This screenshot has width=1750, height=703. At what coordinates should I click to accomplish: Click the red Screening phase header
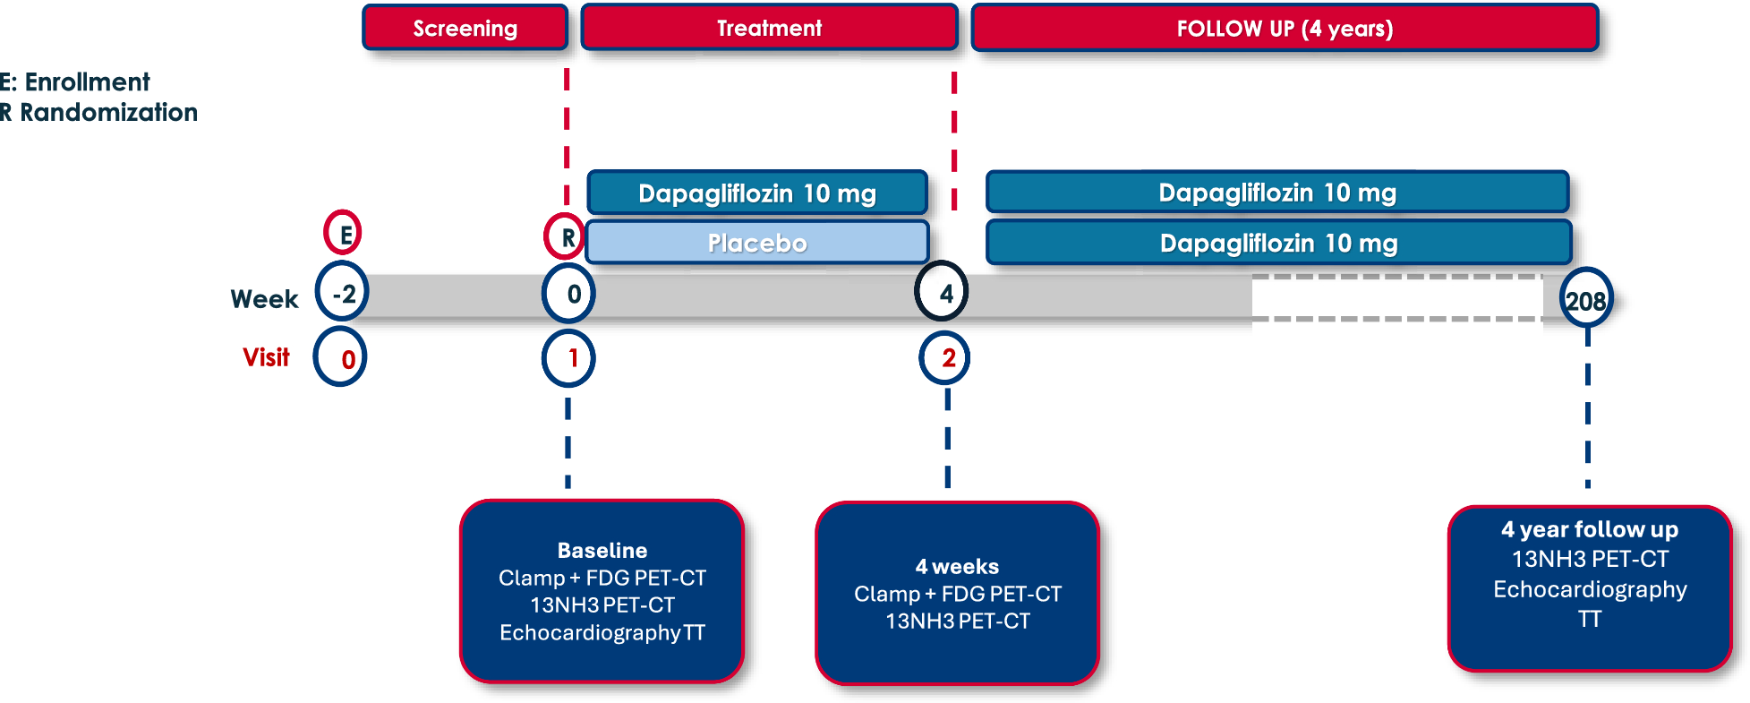(x=465, y=28)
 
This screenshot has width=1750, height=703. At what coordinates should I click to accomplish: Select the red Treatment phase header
(x=770, y=28)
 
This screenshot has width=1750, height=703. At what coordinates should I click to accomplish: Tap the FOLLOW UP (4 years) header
(x=1285, y=28)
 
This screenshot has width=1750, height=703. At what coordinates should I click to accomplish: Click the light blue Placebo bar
(x=757, y=243)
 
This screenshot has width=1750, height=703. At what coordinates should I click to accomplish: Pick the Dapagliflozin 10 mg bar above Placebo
(x=757, y=193)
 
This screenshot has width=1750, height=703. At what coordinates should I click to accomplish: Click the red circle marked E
(x=343, y=234)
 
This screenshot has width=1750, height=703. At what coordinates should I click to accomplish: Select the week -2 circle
(x=343, y=293)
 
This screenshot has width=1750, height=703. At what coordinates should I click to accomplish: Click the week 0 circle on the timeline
(x=569, y=293)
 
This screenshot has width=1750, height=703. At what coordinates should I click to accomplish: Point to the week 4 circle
(x=942, y=291)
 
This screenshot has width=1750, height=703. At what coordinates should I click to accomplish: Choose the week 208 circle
(x=1587, y=300)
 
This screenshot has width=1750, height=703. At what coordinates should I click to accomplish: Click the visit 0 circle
(x=340, y=357)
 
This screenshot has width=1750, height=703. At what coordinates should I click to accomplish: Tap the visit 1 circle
(x=568, y=358)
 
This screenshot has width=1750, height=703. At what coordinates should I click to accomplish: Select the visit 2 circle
(x=944, y=358)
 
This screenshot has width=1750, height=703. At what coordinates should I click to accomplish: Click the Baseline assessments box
(x=602, y=591)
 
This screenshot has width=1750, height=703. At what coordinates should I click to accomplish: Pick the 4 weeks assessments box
(x=958, y=593)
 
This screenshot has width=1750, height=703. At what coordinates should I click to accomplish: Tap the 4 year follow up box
(x=1590, y=588)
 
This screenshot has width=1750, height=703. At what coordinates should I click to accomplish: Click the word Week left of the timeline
(x=264, y=299)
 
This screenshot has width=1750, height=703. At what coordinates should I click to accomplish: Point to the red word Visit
(x=266, y=357)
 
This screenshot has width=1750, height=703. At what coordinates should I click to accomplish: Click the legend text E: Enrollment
(x=75, y=82)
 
